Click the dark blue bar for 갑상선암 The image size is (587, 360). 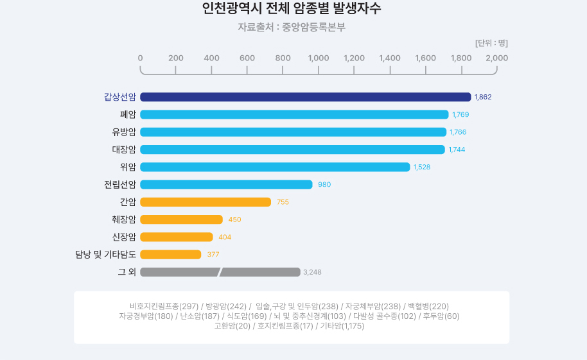(x=305, y=97)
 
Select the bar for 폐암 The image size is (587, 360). (x=294, y=115)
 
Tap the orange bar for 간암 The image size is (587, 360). (x=206, y=202)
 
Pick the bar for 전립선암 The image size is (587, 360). (x=226, y=185)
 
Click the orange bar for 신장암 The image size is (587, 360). (x=177, y=237)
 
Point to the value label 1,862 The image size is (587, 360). (x=483, y=98)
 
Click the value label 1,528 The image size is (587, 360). (x=423, y=167)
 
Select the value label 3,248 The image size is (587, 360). (x=312, y=272)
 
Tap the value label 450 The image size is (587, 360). (x=235, y=219)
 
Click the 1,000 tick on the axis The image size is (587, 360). (x=319, y=58)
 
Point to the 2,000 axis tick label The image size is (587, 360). (x=497, y=58)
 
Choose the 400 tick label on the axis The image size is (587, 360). (x=211, y=58)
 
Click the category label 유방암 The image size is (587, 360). (x=124, y=132)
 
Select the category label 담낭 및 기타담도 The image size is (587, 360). (x=105, y=255)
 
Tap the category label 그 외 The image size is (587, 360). (x=127, y=272)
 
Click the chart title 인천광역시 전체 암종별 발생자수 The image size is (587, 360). (x=292, y=9)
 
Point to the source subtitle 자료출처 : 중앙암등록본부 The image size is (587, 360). (x=292, y=28)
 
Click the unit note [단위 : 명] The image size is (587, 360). (x=491, y=43)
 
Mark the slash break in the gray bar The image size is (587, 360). (x=220, y=272)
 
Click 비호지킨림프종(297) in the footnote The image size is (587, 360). (x=164, y=306)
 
